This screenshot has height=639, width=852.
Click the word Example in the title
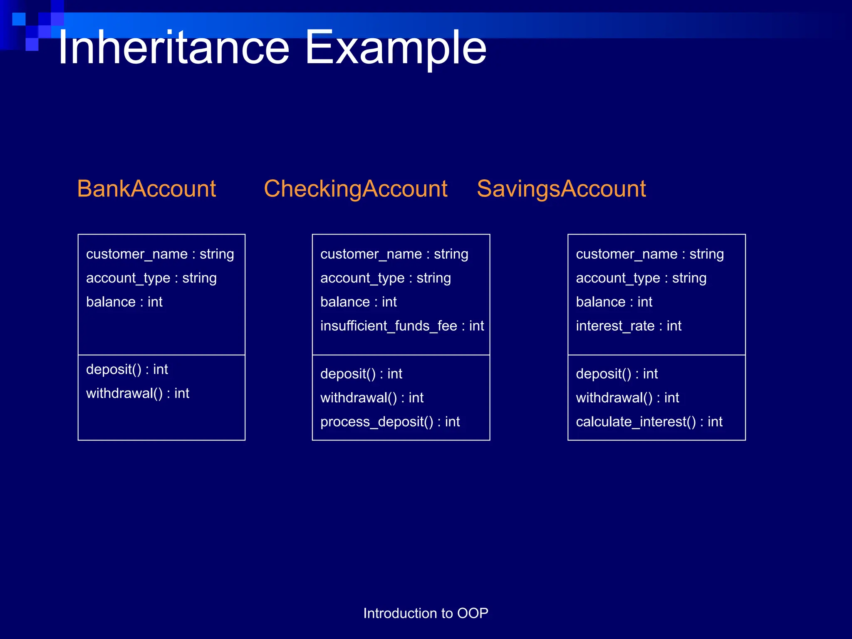tap(395, 48)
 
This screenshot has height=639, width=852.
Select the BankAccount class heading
tap(146, 188)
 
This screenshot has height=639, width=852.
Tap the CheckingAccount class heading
tap(355, 188)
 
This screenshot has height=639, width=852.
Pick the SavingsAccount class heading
tap(561, 188)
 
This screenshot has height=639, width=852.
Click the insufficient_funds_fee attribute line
tap(402, 326)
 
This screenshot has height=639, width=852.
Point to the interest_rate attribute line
tap(628, 326)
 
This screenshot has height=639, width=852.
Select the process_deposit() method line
tap(390, 421)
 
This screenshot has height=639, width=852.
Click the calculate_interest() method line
tap(649, 421)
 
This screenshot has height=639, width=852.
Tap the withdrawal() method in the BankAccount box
tap(137, 393)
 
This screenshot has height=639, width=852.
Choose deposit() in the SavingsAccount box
tap(617, 374)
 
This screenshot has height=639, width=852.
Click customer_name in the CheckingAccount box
tap(394, 254)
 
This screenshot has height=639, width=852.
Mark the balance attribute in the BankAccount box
tap(124, 302)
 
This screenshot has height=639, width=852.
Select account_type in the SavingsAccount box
tap(641, 278)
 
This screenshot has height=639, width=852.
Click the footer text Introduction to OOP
tap(426, 613)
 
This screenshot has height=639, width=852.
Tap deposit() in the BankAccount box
tap(127, 369)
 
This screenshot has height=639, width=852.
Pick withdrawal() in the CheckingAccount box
tap(372, 398)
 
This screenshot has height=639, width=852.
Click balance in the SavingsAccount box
tap(614, 302)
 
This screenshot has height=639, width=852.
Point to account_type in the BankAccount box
tap(151, 278)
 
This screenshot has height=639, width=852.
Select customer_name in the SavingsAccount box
tap(649, 254)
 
